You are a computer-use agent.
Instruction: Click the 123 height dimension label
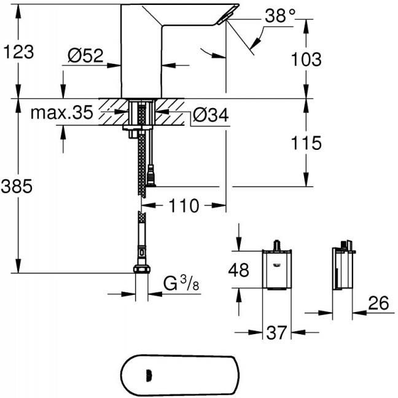click(x=18, y=52)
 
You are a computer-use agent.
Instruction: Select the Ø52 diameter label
click(x=85, y=55)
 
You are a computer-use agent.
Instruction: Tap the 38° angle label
click(x=280, y=15)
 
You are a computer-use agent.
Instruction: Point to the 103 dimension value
click(x=306, y=59)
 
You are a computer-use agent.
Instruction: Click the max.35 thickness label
click(x=61, y=112)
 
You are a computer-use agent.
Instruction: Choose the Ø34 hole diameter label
click(x=211, y=115)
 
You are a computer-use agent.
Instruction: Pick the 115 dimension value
click(x=306, y=142)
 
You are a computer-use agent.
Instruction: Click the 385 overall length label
click(x=17, y=186)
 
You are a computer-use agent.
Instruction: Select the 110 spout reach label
click(x=184, y=205)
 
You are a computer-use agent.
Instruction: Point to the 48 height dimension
click(x=238, y=270)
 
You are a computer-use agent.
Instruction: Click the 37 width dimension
click(x=276, y=332)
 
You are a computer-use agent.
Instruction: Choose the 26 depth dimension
click(x=378, y=303)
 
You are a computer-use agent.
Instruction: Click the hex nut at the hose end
click(x=142, y=269)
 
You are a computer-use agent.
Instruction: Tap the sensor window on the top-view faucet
click(x=149, y=375)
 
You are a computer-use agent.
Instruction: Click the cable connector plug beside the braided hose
click(x=152, y=175)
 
